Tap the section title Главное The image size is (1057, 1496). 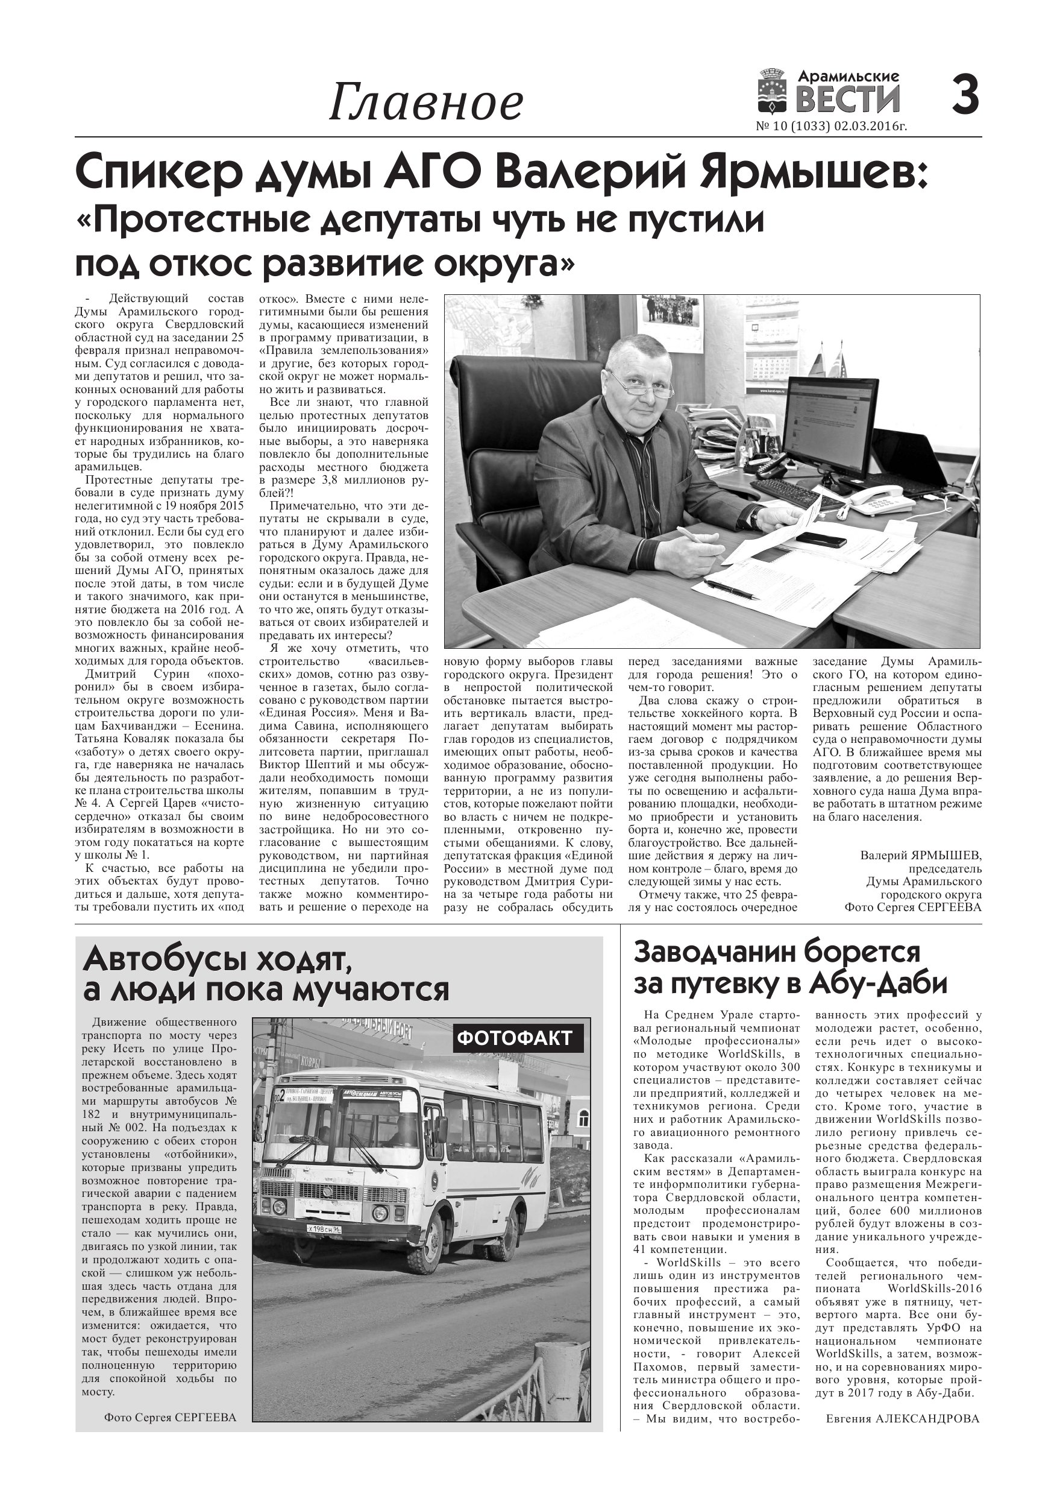pyautogui.click(x=425, y=103)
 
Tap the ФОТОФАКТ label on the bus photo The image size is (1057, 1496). pyautogui.click(x=515, y=1038)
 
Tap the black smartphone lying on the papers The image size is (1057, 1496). pyautogui.click(x=821, y=539)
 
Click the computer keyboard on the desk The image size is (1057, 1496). pyautogui.click(x=795, y=494)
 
